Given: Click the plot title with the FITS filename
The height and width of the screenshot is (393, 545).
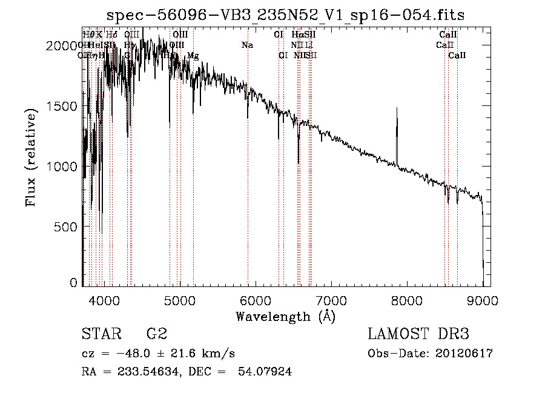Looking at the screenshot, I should point(286,15).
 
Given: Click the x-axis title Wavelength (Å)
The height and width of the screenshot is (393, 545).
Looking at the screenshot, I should point(285,316).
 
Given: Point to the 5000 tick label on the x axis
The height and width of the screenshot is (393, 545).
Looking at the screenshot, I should point(179,300).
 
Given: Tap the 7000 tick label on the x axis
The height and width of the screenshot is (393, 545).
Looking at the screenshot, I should point(331,300).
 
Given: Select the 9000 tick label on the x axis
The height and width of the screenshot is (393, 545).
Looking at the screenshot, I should point(483,300).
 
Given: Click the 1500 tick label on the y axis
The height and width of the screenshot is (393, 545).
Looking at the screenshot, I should point(63,106).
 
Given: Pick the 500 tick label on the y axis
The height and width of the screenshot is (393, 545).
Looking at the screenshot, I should point(67,226).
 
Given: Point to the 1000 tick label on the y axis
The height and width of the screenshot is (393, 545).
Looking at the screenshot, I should point(63,166).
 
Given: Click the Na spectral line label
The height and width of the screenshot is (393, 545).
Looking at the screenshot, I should point(247,45).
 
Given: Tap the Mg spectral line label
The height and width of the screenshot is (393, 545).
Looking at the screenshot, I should point(193,56).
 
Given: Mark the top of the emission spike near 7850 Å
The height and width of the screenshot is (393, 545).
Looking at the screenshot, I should point(397,109).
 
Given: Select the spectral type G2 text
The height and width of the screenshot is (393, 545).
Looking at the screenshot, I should point(156,334).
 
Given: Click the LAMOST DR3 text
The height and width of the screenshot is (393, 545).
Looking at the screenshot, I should point(418,334).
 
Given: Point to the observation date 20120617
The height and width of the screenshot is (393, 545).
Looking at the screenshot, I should point(464,354).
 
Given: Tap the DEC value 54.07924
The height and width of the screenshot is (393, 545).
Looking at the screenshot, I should point(267,372).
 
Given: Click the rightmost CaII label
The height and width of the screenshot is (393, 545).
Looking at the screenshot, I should point(457,56).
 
